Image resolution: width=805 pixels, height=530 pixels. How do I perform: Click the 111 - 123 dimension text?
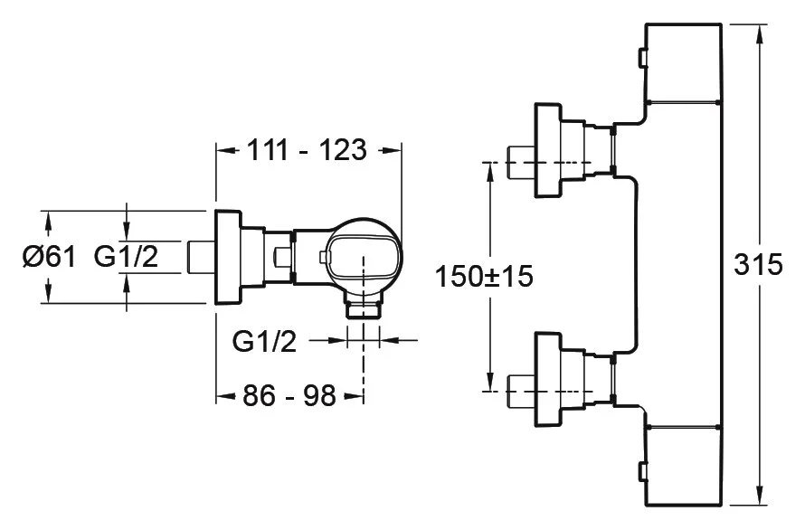tap(308, 151)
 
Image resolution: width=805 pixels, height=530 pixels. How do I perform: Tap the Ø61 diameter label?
tap(46, 258)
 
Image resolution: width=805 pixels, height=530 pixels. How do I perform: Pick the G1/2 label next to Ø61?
tap(126, 258)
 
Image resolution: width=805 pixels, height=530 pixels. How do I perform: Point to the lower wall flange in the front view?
tap(548, 379)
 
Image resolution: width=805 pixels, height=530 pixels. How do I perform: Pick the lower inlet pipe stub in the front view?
tap(522, 389)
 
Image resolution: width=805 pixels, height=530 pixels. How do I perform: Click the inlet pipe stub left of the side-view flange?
tap(200, 257)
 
